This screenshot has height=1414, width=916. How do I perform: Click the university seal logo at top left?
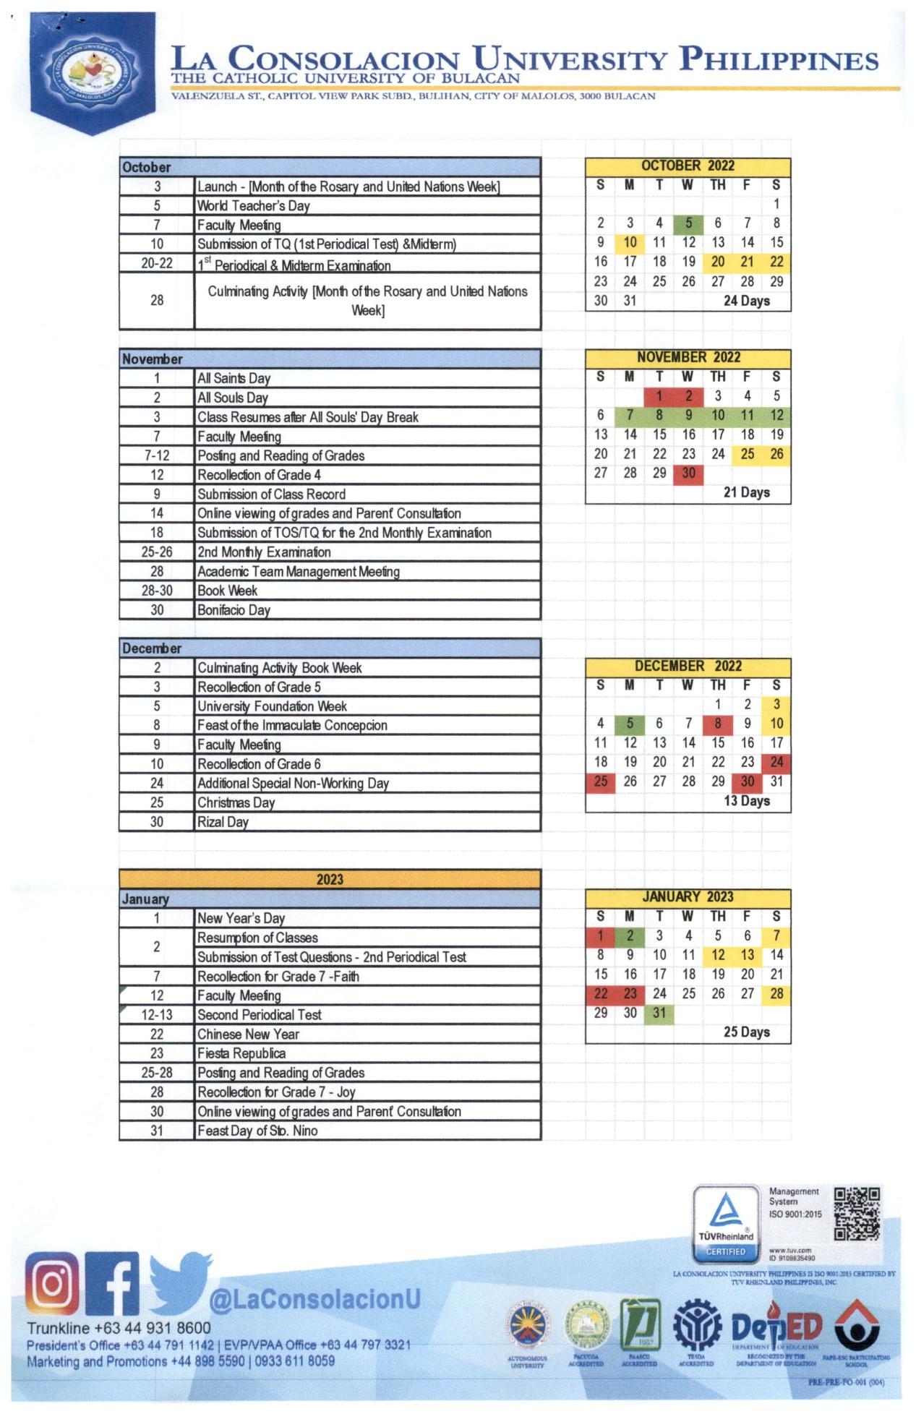91,72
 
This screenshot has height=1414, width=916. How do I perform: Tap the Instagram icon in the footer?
52,1284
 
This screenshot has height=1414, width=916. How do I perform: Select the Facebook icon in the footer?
112,1284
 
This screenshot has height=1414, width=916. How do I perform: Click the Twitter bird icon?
179,1281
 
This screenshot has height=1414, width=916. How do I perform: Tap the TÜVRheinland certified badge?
726,1222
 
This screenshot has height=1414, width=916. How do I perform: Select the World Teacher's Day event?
253,206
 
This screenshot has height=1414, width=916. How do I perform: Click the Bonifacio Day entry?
234,610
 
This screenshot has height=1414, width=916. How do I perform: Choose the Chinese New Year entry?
248,1034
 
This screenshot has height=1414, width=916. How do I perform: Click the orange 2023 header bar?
330,879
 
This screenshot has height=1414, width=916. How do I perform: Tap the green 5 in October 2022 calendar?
688,223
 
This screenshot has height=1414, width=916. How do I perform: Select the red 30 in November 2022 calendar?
688,474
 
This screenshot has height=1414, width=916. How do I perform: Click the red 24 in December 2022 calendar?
776,762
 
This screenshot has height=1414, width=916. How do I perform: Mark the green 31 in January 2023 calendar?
659,1013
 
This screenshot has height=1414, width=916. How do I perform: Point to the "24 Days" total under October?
746,301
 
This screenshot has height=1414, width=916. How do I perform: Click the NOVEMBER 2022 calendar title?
688,357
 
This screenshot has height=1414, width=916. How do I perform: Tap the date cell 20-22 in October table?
157,263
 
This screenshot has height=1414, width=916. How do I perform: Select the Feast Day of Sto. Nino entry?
257,1131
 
